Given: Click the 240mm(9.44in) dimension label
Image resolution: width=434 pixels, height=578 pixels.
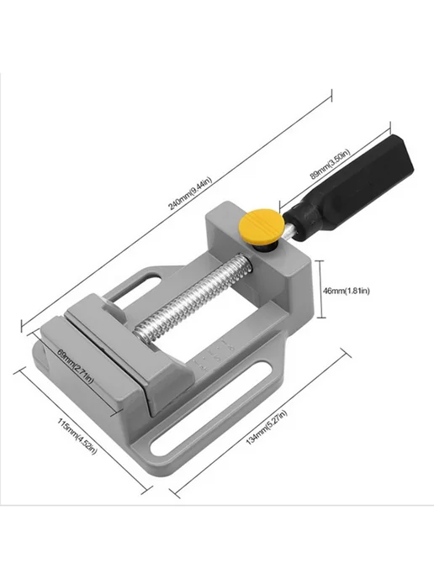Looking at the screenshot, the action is coord(190,193).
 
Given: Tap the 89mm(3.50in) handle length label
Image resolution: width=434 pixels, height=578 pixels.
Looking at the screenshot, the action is coord(329,164).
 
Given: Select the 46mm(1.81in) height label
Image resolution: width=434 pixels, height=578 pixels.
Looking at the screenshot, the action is coord(346,291).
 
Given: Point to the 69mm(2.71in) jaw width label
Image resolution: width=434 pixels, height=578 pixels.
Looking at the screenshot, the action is coord(76,366).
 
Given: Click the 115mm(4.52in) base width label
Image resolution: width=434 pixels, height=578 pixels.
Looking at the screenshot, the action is coord(77,436).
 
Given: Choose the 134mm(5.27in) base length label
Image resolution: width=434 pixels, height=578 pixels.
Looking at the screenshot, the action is coord(266,428).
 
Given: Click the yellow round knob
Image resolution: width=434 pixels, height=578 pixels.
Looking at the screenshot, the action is coord(262,226).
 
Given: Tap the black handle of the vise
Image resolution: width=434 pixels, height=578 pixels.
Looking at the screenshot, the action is coord(350,189).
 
